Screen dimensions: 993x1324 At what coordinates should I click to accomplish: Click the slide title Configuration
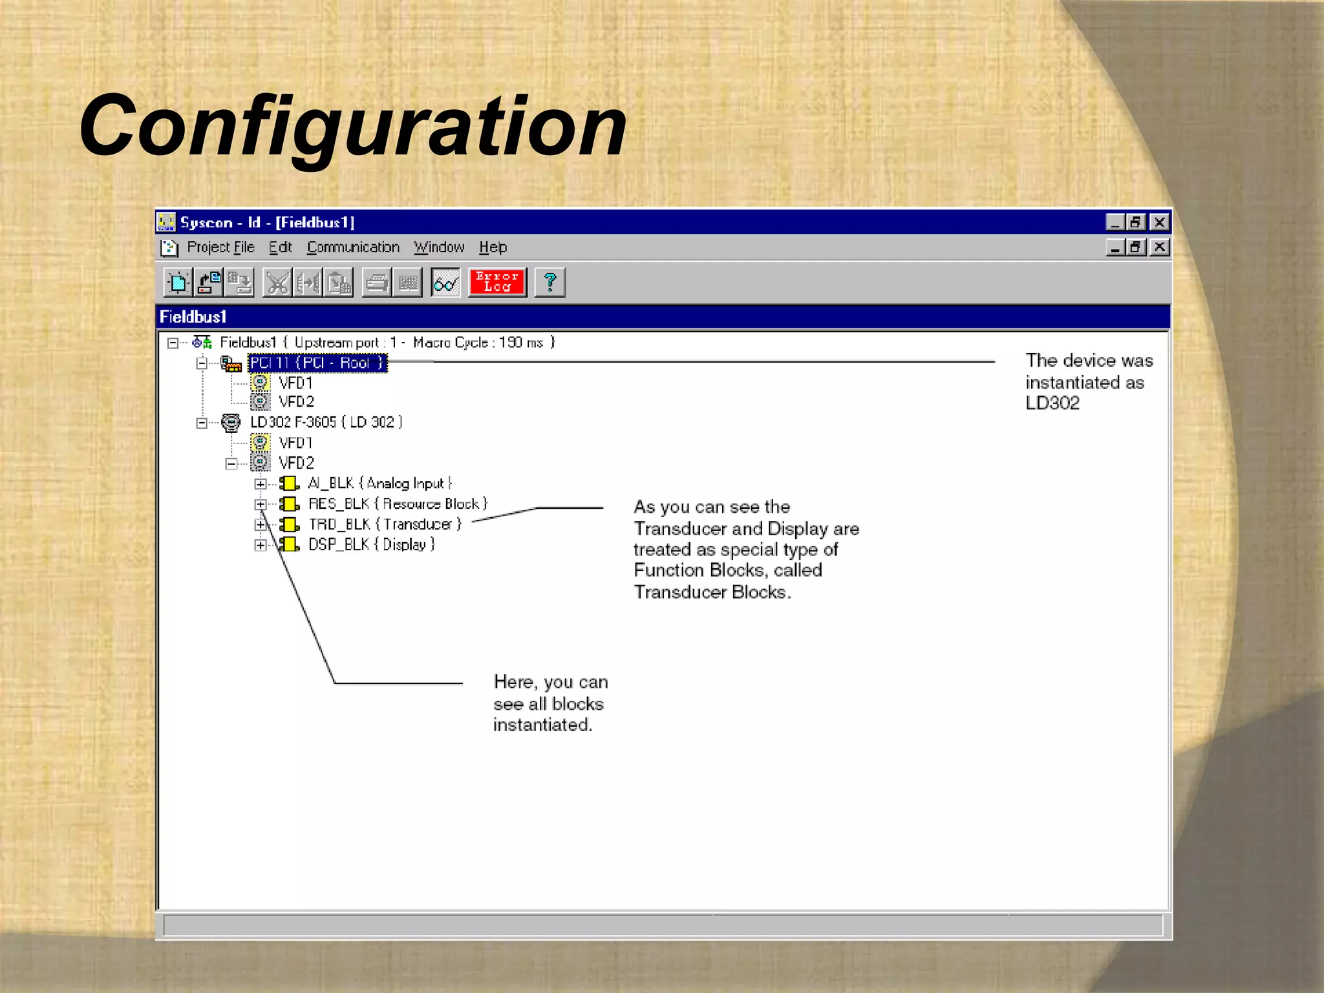pos(352,126)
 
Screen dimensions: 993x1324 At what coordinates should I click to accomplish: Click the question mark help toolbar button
pos(550,283)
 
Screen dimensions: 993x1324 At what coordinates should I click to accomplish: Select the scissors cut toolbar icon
pos(277,283)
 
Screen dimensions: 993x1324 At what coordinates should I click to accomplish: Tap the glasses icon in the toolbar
pos(445,283)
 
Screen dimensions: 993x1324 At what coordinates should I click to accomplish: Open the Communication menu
pos(353,248)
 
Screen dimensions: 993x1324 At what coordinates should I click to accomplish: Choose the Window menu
pos(439,248)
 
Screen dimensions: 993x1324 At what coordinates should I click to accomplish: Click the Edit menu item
pos(281,248)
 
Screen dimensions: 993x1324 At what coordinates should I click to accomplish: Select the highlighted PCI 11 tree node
pos(317,363)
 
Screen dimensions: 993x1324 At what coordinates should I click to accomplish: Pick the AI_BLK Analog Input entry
pos(379,484)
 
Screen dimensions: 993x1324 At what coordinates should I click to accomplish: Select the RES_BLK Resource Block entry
pos(398,504)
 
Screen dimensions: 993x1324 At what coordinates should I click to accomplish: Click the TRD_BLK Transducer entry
pos(385,524)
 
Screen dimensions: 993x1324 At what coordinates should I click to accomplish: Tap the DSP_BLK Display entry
pos(371,545)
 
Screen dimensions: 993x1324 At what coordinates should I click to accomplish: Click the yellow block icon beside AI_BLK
pos(289,484)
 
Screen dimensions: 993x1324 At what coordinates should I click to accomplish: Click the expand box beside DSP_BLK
pos(260,545)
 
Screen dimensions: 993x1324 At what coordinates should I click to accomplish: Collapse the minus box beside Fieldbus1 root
pos(173,343)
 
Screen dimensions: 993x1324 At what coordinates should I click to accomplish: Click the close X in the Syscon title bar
pos(1160,222)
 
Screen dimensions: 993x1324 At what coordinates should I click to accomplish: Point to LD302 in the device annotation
pos(1052,403)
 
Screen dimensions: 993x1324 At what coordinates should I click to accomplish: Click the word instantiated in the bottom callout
pos(542,725)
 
